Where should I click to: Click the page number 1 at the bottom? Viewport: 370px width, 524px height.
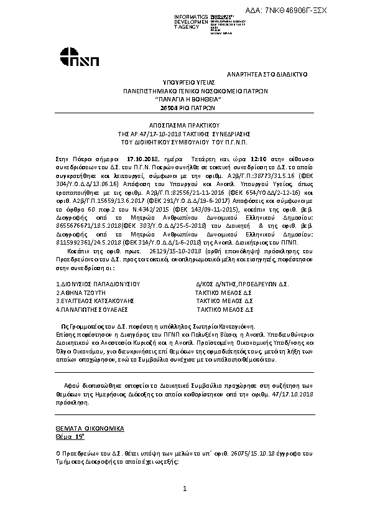185,489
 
